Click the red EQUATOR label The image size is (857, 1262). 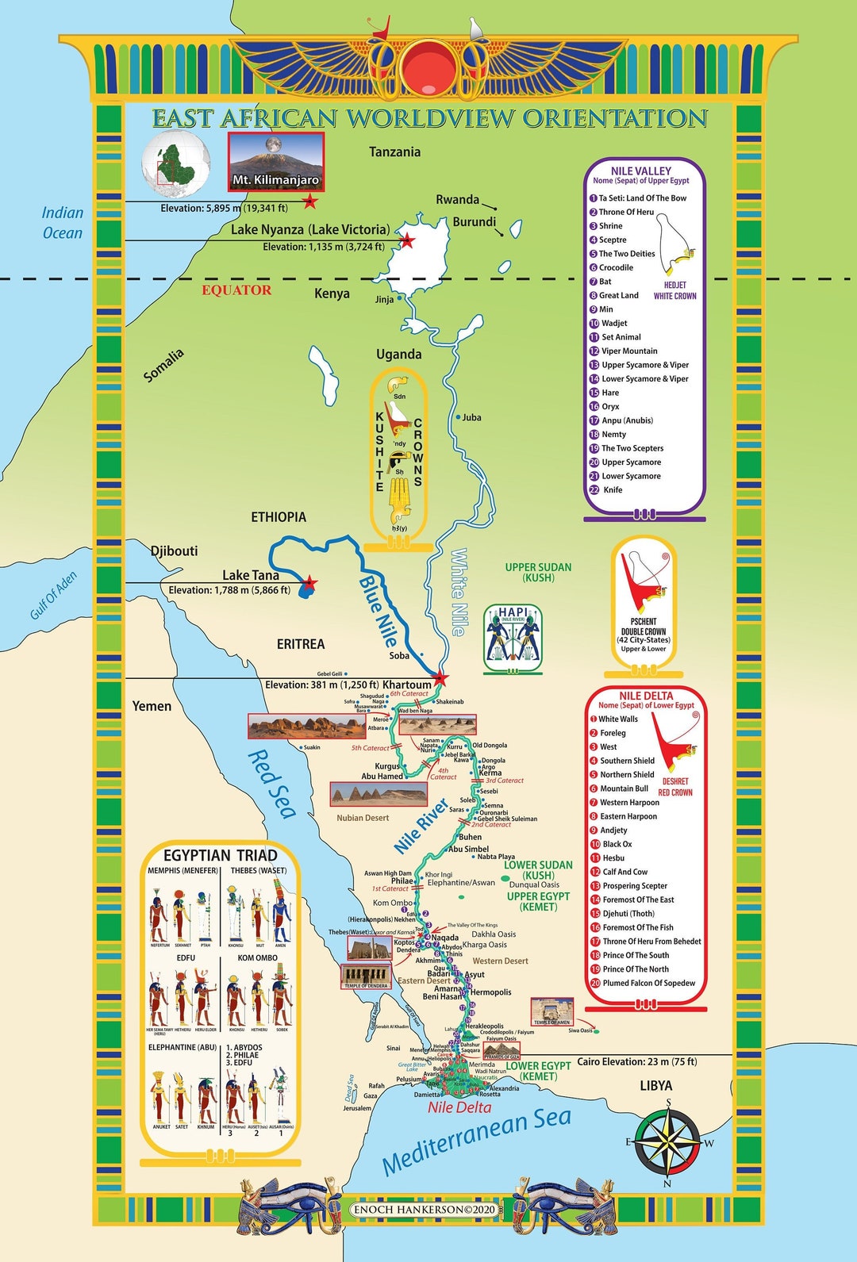[236, 290]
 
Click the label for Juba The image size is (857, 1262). [471, 417]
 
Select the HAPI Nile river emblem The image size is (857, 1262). [513, 637]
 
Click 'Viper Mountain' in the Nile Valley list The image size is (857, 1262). [629, 351]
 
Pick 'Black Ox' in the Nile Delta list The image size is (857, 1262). [617, 844]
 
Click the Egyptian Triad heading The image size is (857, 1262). [220, 855]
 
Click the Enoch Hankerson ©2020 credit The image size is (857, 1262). [425, 1210]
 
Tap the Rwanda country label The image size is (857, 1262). [457, 200]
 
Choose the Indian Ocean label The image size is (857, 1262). [63, 223]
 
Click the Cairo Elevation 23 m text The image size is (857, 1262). [636, 1061]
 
